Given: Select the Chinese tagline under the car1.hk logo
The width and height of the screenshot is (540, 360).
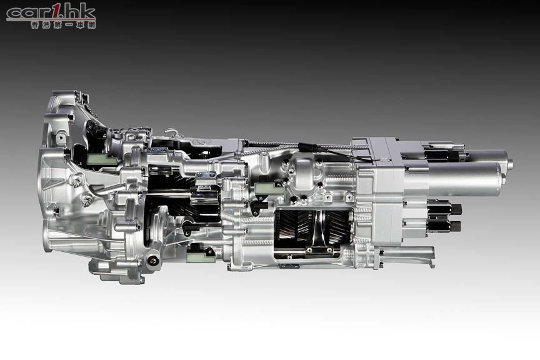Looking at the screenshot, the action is point(63,25).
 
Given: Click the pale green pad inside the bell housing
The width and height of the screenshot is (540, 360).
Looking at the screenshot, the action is point(99,159).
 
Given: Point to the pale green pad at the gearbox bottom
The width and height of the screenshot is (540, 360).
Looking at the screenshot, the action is point(200,256).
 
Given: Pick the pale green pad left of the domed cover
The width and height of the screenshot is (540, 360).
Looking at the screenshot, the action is point(269,187).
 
